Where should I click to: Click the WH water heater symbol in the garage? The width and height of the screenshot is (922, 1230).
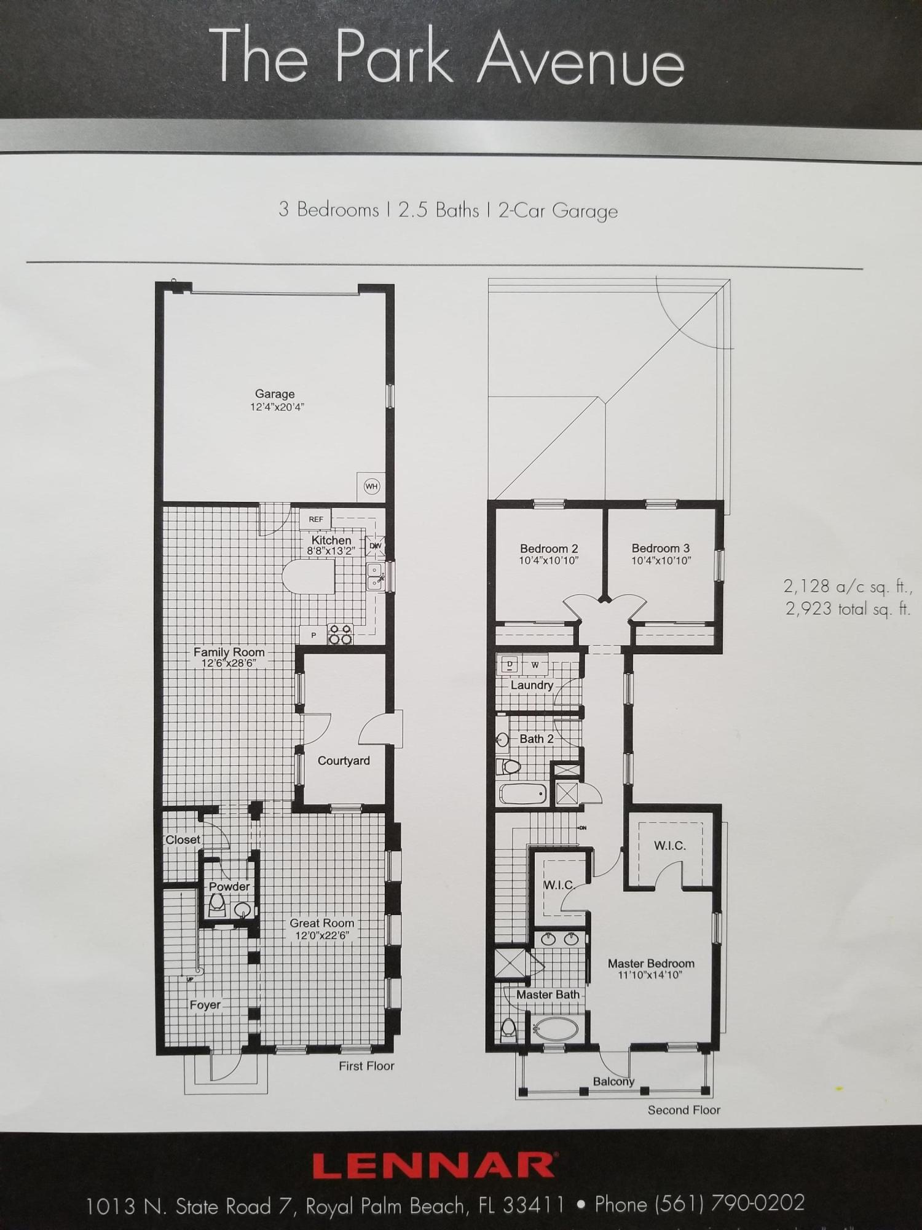(371, 486)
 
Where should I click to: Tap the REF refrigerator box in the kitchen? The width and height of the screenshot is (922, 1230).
(315, 519)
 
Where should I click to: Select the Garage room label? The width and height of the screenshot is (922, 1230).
(275, 394)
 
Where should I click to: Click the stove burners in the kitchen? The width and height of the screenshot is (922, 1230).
(340, 634)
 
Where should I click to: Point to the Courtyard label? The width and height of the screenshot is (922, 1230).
(344, 761)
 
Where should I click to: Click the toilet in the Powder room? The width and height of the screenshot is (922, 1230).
(216, 903)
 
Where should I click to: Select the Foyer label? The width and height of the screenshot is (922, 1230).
(205, 1004)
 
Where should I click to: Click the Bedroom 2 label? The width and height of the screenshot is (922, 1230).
(549, 549)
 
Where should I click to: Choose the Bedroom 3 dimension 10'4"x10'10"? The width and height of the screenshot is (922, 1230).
(661, 560)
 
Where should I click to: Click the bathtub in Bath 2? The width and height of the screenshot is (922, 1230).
(523, 794)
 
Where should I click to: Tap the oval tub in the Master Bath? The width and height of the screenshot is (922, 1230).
(555, 1028)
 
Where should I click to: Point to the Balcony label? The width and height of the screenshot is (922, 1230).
(613, 1081)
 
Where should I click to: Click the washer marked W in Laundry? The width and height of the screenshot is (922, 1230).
(535, 664)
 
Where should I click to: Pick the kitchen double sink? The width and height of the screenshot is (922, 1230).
(374, 576)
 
